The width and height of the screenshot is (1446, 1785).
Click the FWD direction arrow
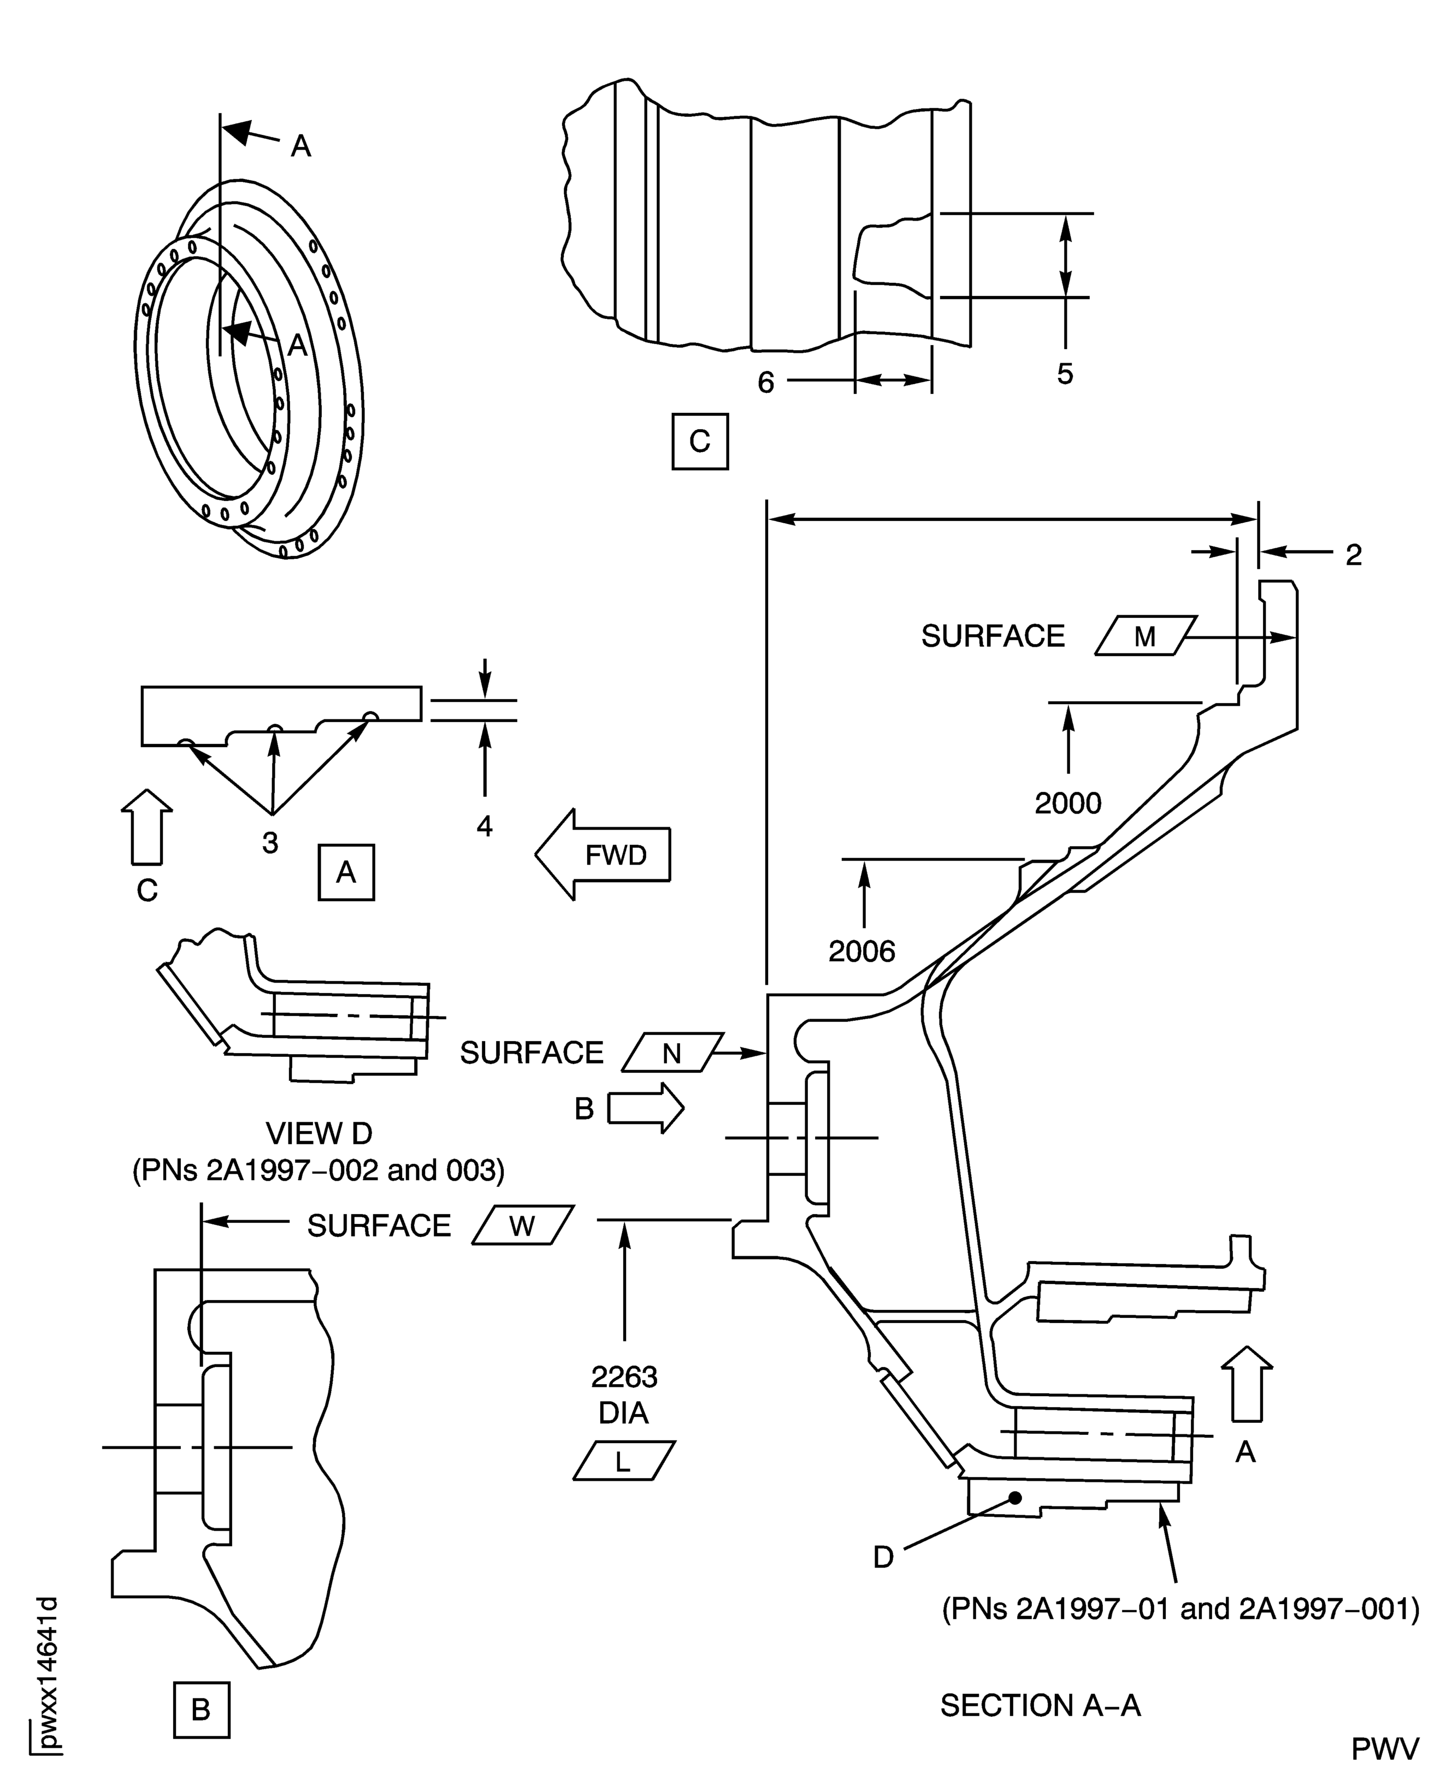point(604,855)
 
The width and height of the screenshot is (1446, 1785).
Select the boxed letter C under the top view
point(700,441)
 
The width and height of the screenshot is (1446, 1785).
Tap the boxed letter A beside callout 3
point(346,872)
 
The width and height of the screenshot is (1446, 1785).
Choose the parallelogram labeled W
point(522,1225)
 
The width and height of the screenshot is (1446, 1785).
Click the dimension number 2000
point(1068,803)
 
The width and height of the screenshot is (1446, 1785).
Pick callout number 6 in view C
point(765,382)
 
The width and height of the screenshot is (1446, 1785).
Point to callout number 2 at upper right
point(1354,555)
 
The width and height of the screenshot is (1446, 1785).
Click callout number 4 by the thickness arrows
point(485,825)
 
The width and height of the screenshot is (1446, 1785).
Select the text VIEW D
point(319,1133)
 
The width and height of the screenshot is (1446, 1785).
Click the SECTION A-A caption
point(1040,1705)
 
